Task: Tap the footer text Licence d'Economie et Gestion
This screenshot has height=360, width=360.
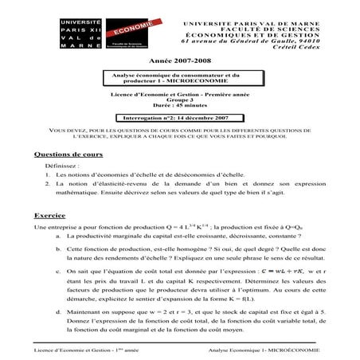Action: click(70, 350)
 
